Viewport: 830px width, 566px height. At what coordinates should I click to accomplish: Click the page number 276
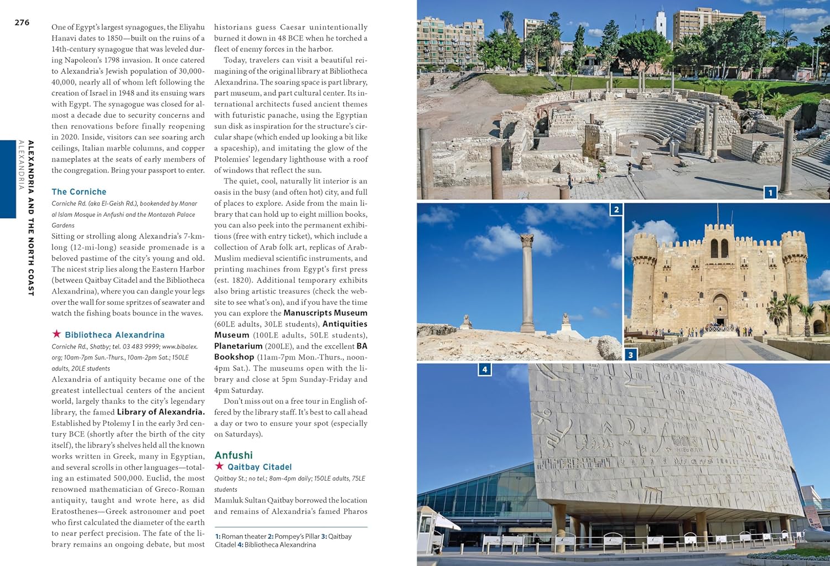click(22, 23)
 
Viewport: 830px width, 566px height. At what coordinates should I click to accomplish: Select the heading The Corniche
click(79, 192)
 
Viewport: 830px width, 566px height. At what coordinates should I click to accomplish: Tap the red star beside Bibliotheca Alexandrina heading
click(56, 334)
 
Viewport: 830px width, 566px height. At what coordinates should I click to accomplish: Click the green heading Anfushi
click(234, 455)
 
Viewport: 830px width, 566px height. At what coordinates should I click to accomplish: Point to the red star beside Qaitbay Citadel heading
click(219, 466)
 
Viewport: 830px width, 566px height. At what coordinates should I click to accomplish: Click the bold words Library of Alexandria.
click(160, 412)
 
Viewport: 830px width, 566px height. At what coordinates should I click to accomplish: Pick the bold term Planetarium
click(238, 346)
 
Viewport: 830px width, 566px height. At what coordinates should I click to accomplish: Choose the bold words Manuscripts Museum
click(325, 313)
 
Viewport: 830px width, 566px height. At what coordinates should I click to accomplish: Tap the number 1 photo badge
click(770, 193)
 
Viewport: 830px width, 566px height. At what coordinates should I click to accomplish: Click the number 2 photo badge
click(616, 209)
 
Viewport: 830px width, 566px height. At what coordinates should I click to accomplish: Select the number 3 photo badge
click(630, 355)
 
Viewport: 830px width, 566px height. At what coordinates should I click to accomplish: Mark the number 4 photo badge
click(484, 369)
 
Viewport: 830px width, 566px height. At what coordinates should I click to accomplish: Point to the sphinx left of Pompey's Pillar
click(466, 321)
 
